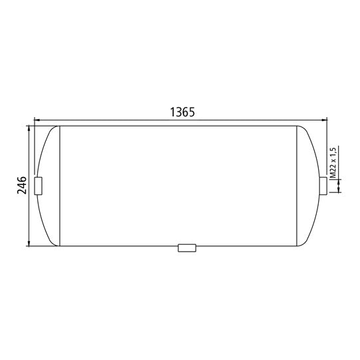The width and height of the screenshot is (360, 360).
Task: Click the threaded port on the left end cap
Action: (x=38, y=186)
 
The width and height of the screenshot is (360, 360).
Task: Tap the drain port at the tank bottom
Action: (x=187, y=248)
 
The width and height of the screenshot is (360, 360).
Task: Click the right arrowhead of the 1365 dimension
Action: (x=325, y=121)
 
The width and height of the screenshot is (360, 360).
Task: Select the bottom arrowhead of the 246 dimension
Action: (x=29, y=242)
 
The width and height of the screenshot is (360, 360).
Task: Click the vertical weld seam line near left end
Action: (x=61, y=185)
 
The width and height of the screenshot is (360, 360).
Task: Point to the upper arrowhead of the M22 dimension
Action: (x=340, y=174)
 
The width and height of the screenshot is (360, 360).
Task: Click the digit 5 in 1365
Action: (x=190, y=112)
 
